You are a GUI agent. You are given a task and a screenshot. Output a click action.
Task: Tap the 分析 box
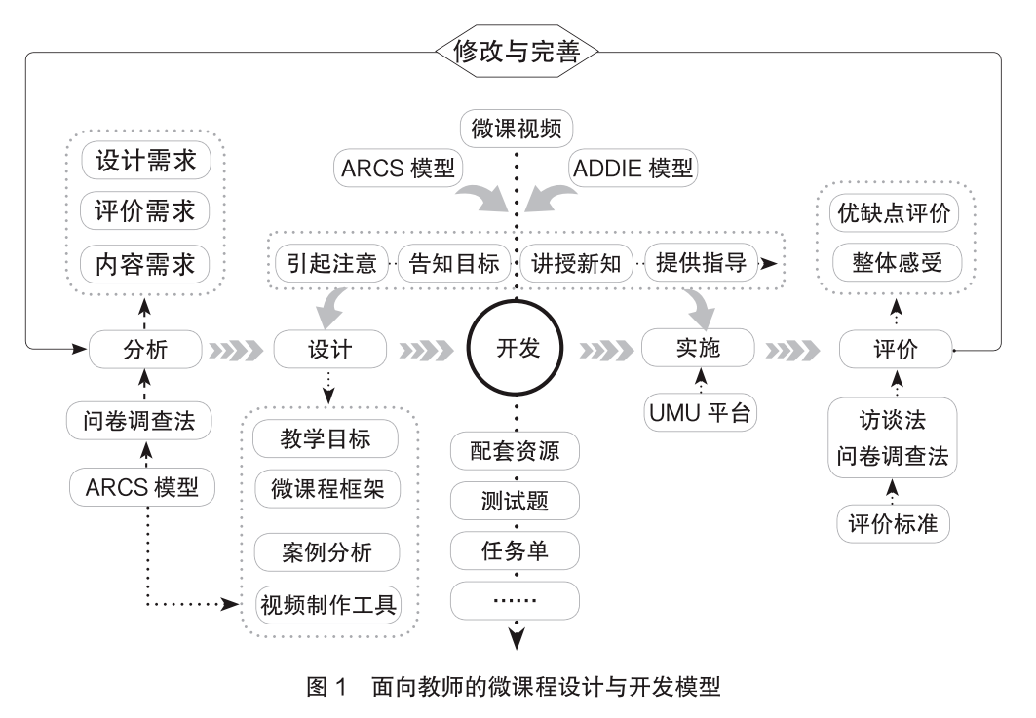(144, 349)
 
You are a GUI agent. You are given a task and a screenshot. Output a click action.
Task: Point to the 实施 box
(697, 348)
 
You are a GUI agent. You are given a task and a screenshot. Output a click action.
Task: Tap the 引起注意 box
(330, 264)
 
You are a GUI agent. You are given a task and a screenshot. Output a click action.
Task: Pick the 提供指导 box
(701, 264)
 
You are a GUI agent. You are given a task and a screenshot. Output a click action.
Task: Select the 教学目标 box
(326, 438)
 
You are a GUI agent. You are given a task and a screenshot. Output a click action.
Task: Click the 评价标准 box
(893, 523)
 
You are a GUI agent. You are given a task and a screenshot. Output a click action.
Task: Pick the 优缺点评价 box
(893, 212)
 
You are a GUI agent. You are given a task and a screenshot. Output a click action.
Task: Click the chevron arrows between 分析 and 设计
(237, 349)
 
